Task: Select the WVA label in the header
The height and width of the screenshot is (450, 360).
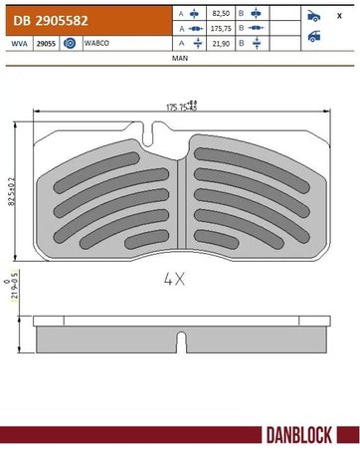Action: coord(15,44)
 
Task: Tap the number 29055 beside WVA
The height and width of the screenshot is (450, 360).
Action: coord(45,44)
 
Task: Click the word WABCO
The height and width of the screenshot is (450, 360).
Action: coord(97,44)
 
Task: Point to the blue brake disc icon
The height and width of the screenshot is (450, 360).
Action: coord(70,44)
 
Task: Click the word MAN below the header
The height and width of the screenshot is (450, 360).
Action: coord(179,59)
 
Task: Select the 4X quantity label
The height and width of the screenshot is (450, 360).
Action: coord(175,281)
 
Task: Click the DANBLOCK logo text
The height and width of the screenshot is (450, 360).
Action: coord(305,434)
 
